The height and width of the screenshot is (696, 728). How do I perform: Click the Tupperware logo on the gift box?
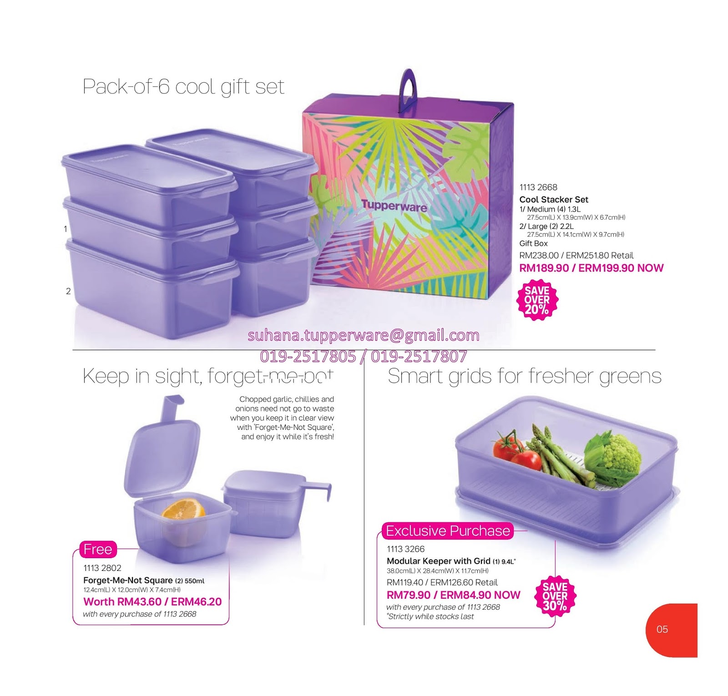[x=394, y=206]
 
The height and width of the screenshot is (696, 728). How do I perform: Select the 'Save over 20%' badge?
[x=537, y=300]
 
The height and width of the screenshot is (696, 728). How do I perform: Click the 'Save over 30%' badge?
[x=555, y=596]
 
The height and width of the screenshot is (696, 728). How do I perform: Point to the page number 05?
[x=662, y=629]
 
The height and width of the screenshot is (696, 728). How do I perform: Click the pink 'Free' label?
[x=98, y=549]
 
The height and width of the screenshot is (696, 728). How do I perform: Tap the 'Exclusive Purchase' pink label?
[x=448, y=531]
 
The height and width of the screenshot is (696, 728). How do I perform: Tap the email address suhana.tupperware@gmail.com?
[x=364, y=335]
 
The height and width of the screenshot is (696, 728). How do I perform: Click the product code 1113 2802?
[x=102, y=568]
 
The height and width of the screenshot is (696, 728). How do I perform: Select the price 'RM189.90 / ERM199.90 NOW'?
[x=591, y=268]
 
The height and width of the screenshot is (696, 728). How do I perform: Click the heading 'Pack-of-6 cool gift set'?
[x=183, y=86]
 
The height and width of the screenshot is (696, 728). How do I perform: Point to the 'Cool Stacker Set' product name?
[x=554, y=199]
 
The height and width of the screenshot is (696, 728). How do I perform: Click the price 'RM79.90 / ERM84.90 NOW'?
[x=453, y=595]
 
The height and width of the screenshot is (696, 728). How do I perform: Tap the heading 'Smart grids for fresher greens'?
[x=524, y=376]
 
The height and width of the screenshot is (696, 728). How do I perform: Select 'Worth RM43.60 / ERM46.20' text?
[x=152, y=601]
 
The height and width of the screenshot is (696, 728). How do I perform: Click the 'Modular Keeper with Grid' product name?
[x=439, y=561]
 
